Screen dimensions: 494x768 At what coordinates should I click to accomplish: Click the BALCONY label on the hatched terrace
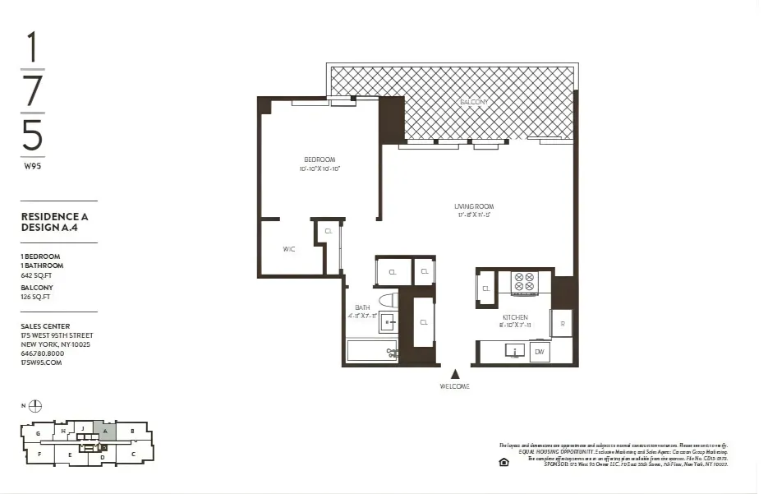coord(474,102)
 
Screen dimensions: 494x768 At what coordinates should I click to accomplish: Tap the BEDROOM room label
coord(320,159)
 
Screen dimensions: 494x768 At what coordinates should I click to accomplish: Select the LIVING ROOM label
coord(474,206)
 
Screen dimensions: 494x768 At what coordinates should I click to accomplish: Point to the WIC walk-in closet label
coord(289,248)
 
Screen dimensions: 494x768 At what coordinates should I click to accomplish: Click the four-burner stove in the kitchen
coord(524,282)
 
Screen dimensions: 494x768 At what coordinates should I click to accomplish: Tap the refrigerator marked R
coord(562,323)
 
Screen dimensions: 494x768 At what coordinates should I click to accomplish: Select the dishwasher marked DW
coord(539,352)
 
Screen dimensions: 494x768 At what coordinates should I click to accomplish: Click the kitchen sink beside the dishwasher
coord(515,352)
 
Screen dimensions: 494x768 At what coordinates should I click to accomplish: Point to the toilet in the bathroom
coord(388,300)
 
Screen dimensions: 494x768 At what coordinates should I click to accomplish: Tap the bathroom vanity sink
coord(387,323)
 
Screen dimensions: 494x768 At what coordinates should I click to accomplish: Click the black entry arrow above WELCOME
coord(454,374)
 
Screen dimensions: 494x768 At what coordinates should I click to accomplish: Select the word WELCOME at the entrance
coord(454,386)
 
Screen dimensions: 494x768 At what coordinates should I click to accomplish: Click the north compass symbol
coord(34,406)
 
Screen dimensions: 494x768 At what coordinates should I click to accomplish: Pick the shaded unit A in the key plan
coord(104,429)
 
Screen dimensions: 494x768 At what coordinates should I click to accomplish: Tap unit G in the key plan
coord(38,433)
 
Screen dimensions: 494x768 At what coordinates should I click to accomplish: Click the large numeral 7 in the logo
coord(33,90)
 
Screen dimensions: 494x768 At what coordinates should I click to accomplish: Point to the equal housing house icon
coord(504,461)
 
